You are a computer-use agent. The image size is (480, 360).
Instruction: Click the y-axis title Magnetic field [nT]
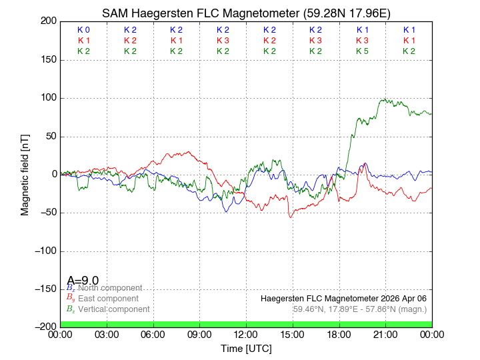pos(25,173)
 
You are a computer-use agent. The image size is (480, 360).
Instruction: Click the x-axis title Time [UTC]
pos(246,348)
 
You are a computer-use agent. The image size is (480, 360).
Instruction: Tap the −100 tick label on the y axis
pos(44,251)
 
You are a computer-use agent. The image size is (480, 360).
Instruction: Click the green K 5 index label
pos(362,51)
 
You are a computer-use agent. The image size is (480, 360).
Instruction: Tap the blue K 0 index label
pos(83,30)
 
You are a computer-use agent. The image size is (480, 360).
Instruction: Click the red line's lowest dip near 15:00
pos(290,217)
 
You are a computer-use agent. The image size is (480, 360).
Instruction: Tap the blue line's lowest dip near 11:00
pos(227,212)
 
